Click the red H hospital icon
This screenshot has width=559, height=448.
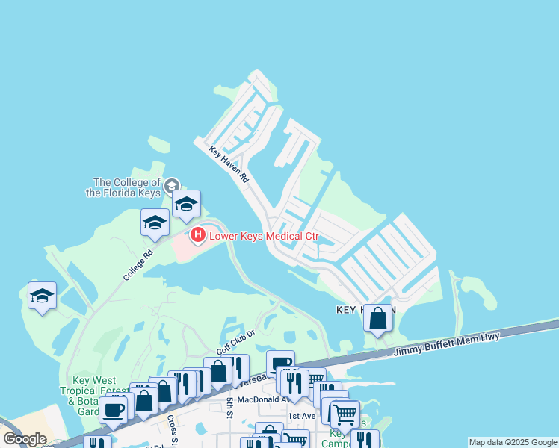[198, 236]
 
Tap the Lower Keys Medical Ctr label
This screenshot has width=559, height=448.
[264, 237]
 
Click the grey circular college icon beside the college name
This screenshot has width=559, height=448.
[171, 185]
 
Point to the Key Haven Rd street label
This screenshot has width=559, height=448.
[229, 164]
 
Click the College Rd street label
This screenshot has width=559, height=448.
[138, 264]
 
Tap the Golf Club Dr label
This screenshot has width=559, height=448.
[235, 342]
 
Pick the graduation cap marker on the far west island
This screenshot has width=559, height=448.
[43, 296]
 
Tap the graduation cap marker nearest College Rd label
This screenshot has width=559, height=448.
[155, 223]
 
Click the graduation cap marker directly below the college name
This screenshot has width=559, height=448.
[186, 203]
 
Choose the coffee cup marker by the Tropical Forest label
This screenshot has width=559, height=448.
[114, 408]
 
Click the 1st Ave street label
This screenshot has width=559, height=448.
[302, 416]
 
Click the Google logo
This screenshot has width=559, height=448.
[25, 438]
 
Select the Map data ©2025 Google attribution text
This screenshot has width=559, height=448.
[513, 442]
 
